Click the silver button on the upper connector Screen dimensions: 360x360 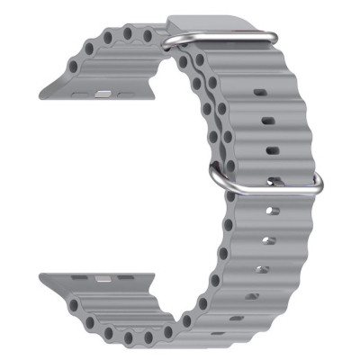tap(102, 92)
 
